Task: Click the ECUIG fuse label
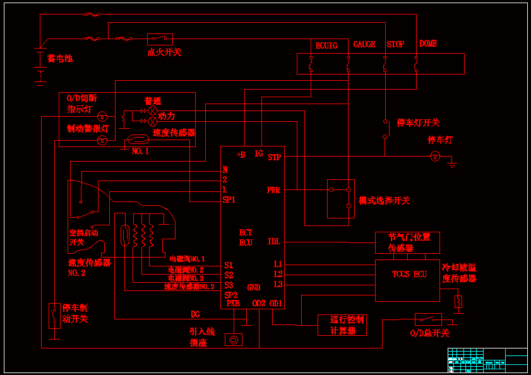[x=326, y=45]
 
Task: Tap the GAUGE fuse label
[x=364, y=45]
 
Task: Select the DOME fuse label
[x=428, y=44]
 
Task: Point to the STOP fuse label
[x=395, y=45]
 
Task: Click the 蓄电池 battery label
[x=60, y=59]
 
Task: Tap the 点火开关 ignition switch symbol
[x=160, y=39]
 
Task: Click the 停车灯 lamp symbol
[x=434, y=156]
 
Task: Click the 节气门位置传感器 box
[x=407, y=242]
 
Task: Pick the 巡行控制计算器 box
[x=342, y=324]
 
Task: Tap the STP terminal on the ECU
[x=274, y=157]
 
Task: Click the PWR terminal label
[x=273, y=190]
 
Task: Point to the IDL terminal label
[x=274, y=242]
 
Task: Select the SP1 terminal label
[x=229, y=200]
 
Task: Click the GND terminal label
[x=253, y=288]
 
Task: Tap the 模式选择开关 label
[x=384, y=201]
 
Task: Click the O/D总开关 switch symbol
[x=427, y=319]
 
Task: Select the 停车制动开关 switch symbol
[x=54, y=316]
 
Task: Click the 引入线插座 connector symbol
[x=234, y=340]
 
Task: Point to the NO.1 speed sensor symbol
[x=138, y=140]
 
